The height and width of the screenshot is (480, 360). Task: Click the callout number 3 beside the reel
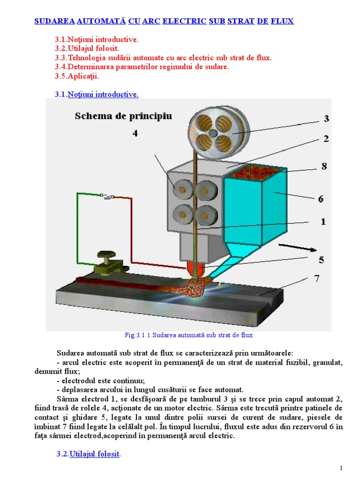[326, 119]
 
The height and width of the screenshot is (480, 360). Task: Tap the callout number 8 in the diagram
[324, 166]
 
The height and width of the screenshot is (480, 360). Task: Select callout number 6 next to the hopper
[321, 199]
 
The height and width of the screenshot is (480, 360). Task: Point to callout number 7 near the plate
[317, 279]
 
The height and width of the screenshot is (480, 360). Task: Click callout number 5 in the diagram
[322, 260]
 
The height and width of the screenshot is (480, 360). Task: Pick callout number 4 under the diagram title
[135, 134]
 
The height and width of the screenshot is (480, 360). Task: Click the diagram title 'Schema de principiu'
[123, 116]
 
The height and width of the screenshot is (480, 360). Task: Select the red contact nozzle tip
[195, 270]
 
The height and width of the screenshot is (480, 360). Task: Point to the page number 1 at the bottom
[342, 468]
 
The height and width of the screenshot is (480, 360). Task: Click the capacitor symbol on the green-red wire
[108, 197]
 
